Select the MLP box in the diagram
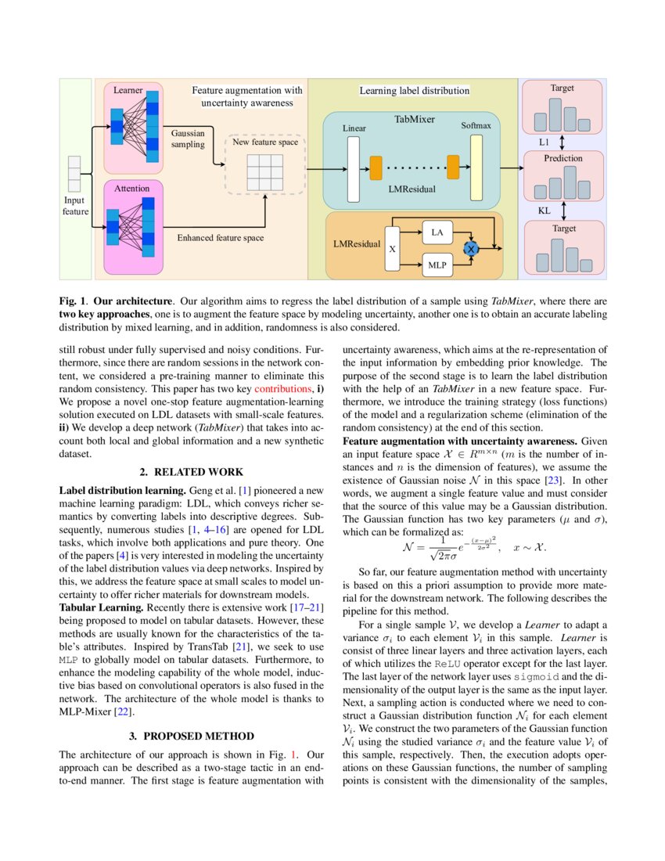click(437, 265)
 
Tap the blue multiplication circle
click(471, 248)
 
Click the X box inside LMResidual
click(392, 249)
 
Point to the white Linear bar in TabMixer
click(353, 168)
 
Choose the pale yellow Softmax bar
click(476, 168)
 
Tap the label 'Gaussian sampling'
click(188, 139)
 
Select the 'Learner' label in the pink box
click(128, 90)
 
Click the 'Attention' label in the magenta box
click(132, 189)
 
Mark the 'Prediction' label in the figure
click(563, 158)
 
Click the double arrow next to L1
click(562, 142)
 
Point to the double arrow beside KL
click(562, 211)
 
